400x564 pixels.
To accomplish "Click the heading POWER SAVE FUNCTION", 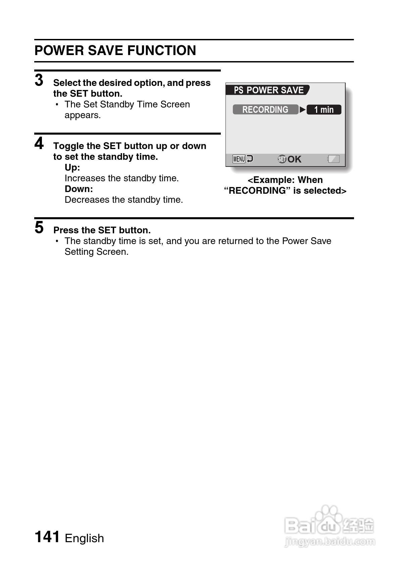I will click(115, 51).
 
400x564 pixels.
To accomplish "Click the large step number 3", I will click(39, 81).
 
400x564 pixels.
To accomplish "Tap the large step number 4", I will click(39, 144).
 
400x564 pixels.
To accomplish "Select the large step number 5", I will click(39, 228).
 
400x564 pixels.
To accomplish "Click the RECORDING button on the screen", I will click(265, 110).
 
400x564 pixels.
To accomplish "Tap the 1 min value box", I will click(324, 110).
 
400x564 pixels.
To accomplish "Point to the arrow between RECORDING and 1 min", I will click(302, 110).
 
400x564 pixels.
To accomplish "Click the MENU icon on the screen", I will click(239, 159).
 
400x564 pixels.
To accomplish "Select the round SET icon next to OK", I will click(282, 159).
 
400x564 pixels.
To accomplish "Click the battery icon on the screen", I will click(334, 159).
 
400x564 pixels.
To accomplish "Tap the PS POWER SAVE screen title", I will click(267, 90).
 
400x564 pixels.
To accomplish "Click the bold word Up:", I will click(72, 168).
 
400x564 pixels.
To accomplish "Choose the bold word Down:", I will click(79, 189).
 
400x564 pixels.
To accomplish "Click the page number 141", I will click(47, 537).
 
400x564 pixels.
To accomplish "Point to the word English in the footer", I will click(84, 538).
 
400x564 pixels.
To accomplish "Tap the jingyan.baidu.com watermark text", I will click(329, 542).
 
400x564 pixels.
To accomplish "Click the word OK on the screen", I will click(294, 159).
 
